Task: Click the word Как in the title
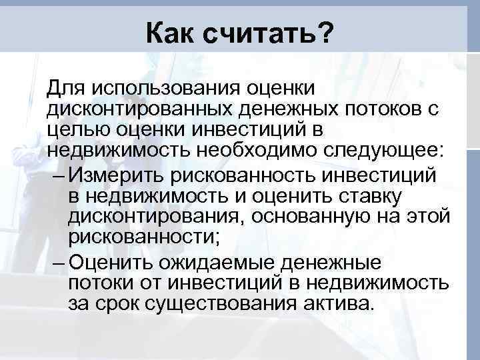(171, 31)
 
